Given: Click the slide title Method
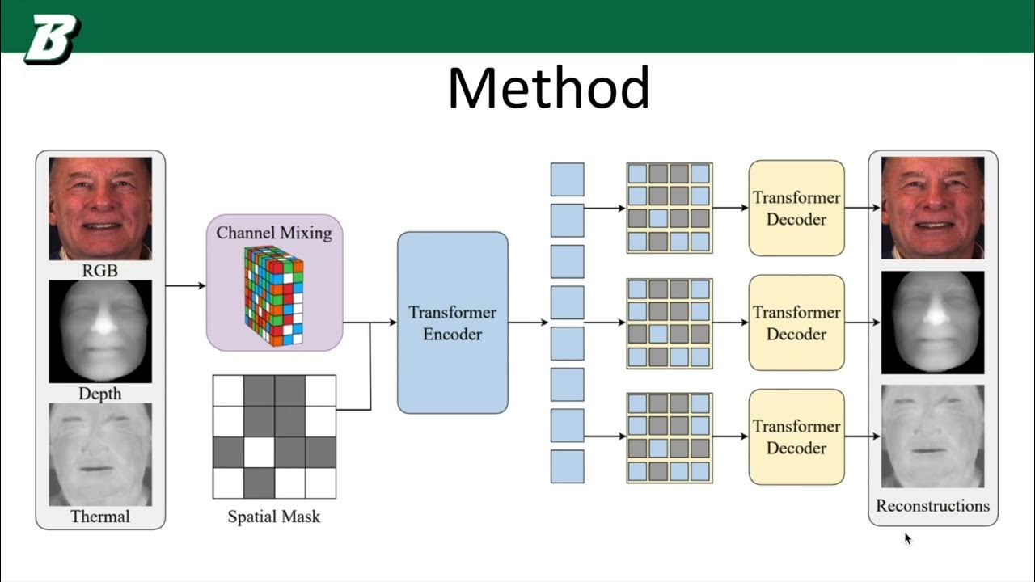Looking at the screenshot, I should point(548,89).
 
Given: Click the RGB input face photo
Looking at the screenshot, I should point(100,208).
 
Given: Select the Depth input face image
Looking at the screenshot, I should point(100,331).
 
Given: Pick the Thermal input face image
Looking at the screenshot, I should point(100,453).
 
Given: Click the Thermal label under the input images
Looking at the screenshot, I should point(100,516).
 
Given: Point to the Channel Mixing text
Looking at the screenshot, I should point(274,233).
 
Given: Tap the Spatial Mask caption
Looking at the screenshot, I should point(274,516).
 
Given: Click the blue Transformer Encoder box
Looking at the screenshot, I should point(453,323).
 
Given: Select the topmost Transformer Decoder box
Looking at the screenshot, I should point(796,208).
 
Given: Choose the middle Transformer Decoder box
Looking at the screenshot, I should point(796,323).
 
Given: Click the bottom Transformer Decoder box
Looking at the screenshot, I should point(796,436).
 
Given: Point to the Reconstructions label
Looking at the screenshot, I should point(932,506).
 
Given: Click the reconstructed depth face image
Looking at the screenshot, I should point(932,323).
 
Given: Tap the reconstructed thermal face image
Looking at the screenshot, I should point(932,436).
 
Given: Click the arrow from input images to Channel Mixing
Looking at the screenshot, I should point(186,285).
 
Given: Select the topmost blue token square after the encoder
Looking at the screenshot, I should point(567,179).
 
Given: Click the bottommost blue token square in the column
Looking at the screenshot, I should point(567,466).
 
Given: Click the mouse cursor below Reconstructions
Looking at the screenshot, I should point(907,538).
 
